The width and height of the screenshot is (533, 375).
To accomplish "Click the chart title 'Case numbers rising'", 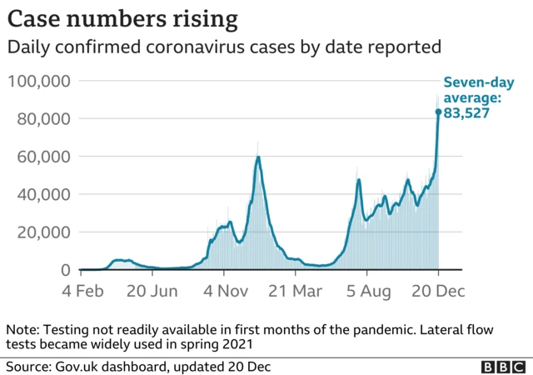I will point(122,17).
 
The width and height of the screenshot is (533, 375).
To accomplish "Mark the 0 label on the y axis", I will point(64,270).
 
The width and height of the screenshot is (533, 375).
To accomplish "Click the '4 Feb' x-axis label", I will point(82,292).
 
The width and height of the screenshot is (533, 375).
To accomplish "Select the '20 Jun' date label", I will point(152,292).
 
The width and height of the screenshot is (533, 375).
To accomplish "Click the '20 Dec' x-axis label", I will point(438,292).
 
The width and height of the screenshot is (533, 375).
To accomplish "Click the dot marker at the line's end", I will point(438,112).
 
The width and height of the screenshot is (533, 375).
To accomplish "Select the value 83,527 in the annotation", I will point(466,112).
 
